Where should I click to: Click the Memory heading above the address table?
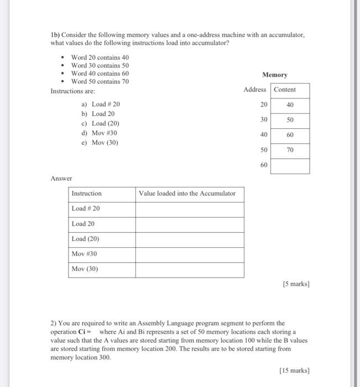(x=274, y=75)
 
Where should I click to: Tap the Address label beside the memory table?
(x=254, y=90)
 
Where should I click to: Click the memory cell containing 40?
(x=290, y=104)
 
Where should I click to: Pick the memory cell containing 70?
(x=290, y=150)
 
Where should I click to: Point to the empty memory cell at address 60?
(x=290, y=165)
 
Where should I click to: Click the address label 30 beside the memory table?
(x=264, y=119)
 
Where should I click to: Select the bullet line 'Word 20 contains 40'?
(x=100, y=57)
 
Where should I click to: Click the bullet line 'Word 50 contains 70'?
(x=100, y=81)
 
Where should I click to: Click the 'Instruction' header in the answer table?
(x=87, y=193)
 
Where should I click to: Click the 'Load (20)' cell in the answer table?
(x=86, y=239)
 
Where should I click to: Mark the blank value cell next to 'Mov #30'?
(x=189, y=254)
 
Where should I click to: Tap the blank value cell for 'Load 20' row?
(x=189, y=224)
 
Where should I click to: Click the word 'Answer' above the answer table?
(x=61, y=178)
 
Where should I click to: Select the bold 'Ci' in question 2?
(x=87, y=331)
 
